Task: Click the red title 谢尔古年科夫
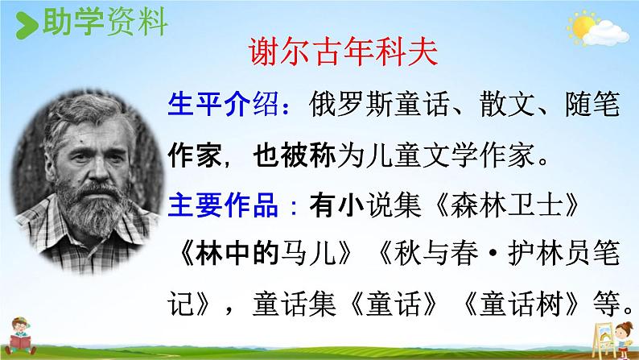point(343,52)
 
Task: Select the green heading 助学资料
point(105,22)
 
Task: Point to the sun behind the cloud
point(582,25)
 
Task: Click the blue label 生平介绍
point(223,104)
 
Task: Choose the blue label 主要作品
point(223,205)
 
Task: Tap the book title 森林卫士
point(506,205)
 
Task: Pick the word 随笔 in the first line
point(592,104)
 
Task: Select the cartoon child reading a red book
point(19,336)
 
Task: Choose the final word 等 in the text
point(606,304)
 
